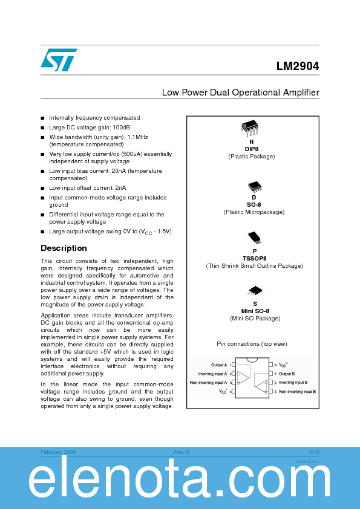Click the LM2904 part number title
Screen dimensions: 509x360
point(297,68)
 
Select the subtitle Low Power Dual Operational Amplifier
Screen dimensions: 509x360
point(240,92)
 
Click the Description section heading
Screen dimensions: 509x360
point(64,248)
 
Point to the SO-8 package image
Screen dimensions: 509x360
point(254,186)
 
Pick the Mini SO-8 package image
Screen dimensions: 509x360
point(255,291)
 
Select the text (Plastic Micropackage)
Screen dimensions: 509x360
point(254,212)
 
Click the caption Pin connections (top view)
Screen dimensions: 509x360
point(252,344)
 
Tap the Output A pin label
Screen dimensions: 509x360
point(218,365)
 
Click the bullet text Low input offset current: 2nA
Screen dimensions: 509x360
point(87,188)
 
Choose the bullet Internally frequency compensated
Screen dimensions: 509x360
point(94,118)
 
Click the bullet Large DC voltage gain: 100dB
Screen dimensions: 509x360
point(90,128)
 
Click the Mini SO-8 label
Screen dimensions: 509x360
point(255,311)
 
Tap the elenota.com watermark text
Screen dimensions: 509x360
point(180,482)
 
